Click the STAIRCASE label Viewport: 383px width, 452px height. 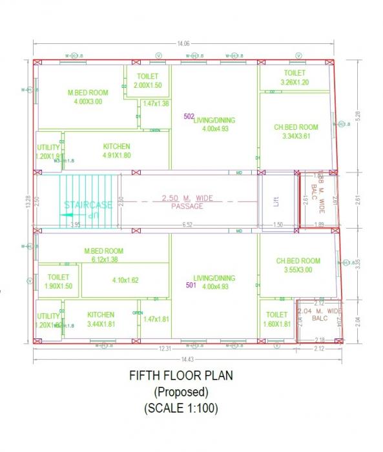(x=88, y=205)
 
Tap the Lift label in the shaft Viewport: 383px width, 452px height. (x=276, y=201)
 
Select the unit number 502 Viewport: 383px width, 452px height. (x=189, y=116)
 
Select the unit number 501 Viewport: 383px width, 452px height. (x=191, y=284)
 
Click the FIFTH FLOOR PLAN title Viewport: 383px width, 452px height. (x=181, y=375)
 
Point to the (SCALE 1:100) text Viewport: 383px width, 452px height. (x=181, y=408)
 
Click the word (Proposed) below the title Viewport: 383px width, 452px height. (x=180, y=392)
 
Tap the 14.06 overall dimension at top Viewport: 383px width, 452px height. (x=185, y=44)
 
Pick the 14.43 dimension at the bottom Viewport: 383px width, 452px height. (x=187, y=359)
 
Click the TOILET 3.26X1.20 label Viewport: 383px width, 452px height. (x=295, y=77)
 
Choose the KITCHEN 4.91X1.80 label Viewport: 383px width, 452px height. (x=116, y=150)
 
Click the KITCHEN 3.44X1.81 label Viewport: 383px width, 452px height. (x=101, y=319)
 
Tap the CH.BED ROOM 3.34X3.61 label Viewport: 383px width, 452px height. (x=296, y=132)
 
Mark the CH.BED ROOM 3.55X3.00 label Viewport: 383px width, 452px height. (x=298, y=265)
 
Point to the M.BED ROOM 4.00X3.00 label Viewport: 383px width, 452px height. (x=88, y=97)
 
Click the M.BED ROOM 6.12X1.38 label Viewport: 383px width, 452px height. (x=103, y=255)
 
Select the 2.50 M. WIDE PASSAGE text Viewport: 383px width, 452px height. (x=187, y=202)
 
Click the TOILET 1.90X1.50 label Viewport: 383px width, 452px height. (x=58, y=282)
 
